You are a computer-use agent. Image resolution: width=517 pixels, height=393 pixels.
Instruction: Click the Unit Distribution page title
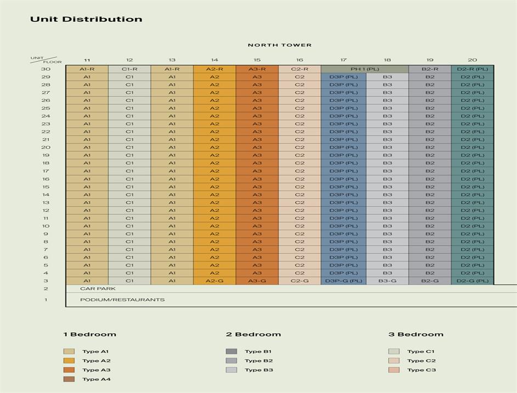tap(86, 19)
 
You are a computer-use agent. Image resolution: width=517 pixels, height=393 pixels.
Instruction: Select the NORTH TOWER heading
tap(280, 45)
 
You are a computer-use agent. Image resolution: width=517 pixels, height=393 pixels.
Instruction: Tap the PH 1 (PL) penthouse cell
tap(365, 69)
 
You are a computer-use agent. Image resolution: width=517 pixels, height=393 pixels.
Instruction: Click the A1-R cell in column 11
tap(87, 69)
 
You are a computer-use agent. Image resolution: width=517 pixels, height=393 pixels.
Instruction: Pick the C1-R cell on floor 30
tap(129, 69)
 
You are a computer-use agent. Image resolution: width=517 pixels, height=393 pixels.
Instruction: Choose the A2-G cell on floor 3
tap(214, 281)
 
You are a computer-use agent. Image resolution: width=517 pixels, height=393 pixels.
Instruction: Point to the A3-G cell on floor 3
tap(257, 281)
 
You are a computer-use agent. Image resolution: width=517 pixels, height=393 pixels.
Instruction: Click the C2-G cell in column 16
tap(299, 281)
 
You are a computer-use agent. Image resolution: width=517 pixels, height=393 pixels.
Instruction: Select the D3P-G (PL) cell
tap(343, 281)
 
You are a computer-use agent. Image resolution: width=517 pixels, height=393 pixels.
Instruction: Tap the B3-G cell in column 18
tap(387, 281)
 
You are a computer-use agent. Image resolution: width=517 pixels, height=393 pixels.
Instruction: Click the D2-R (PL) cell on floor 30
tap(473, 69)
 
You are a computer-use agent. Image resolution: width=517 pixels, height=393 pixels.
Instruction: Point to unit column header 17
tap(343, 60)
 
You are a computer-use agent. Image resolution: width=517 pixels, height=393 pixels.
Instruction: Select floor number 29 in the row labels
tap(46, 77)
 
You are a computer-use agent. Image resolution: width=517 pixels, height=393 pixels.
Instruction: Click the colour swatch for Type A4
tap(69, 379)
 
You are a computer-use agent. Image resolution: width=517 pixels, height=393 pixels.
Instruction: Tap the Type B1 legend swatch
tap(231, 351)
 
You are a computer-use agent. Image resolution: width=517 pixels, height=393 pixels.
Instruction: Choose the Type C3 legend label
tap(421, 370)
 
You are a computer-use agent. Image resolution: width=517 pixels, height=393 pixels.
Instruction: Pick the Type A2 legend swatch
tap(69, 361)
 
